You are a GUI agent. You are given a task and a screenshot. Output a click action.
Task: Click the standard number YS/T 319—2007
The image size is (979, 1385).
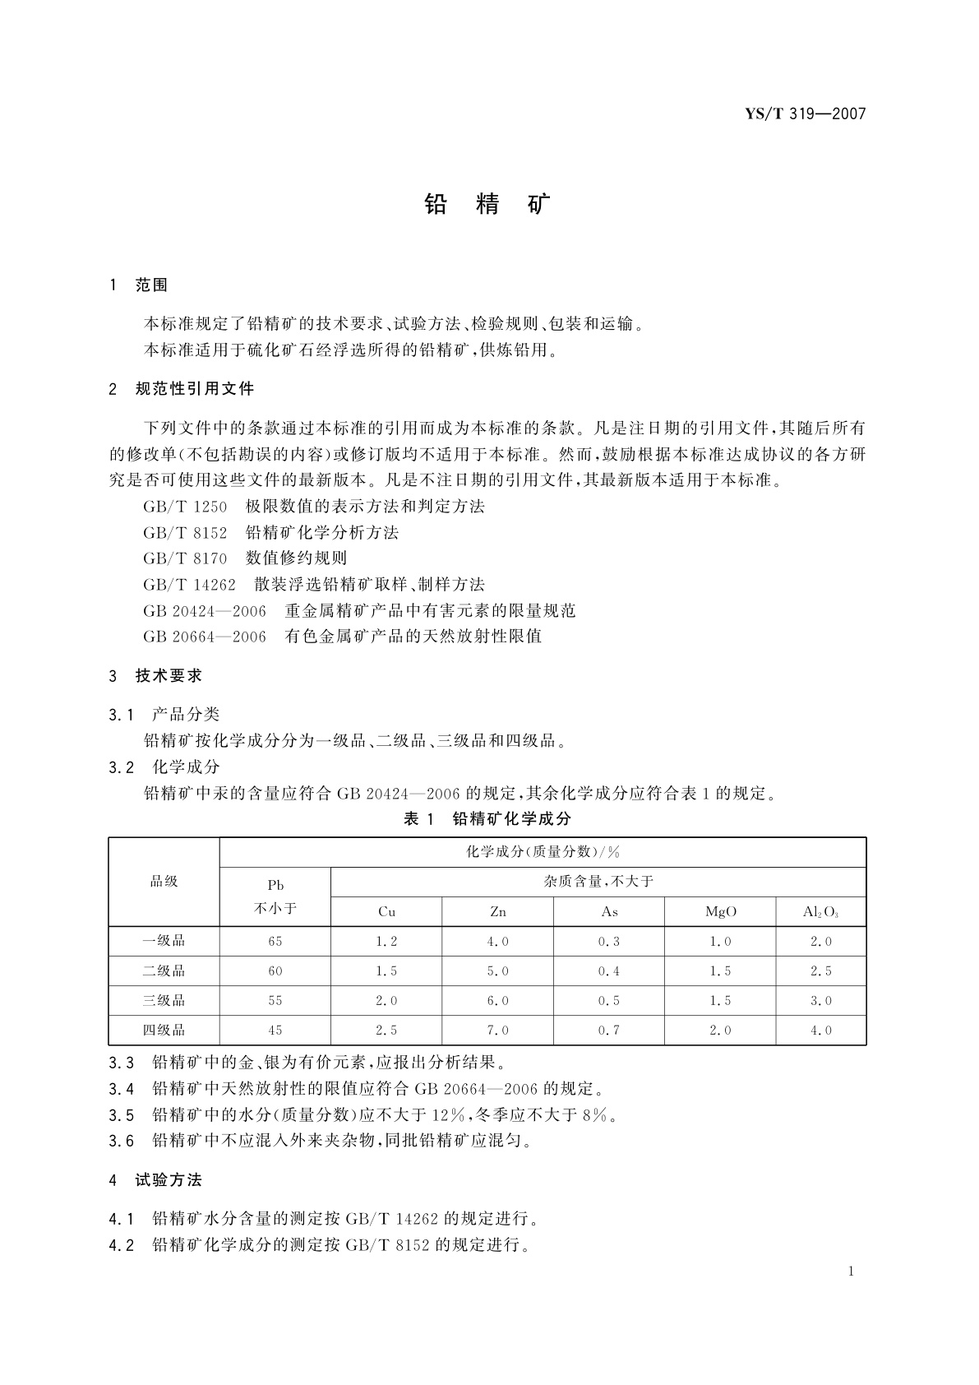pyautogui.click(x=806, y=114)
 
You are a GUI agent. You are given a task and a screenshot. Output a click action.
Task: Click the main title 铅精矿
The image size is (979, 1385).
pyautogui.click(x=488, y=205)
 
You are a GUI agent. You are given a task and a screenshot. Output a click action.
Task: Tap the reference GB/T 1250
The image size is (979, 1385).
pyautogui.click(x=185, y=507)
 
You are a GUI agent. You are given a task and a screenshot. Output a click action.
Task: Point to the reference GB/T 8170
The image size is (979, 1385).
pyautogui.click(x=185, y=558)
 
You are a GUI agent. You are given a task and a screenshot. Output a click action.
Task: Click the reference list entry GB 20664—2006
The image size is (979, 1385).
pyautogui.click(x=205, y=637)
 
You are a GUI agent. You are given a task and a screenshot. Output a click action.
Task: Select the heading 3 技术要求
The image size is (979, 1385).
pyautogui.click(x=155, y=676)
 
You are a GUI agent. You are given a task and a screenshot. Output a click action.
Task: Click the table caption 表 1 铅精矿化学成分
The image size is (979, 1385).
pyautogui.click(x=487, y=818)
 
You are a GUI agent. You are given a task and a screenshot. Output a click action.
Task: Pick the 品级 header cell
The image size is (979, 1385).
pyautogui.click(x=164, y=882)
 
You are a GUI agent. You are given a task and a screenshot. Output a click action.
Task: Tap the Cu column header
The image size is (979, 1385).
pyautogui.click(x=386, y=911)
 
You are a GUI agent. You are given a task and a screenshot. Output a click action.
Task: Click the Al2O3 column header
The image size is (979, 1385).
pyautogui.click(x=820, y=911)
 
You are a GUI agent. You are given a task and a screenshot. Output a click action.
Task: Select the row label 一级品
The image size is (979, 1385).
pyautogui.click(x=164, y=941)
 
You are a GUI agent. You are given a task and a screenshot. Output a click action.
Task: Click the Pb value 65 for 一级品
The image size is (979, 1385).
pyautogui.click(x=275, y=941)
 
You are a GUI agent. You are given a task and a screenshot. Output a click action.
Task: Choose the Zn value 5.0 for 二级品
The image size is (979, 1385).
pyautogui.click(x=497, y=970)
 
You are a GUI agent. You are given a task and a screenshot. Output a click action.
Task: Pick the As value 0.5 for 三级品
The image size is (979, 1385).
pyautogui.click(x=609, y=1000)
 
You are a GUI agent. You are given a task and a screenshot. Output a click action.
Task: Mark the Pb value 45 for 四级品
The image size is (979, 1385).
pyautogui.click(x=275, y=1030)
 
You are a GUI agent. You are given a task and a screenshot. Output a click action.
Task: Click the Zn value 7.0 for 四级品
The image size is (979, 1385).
pyautogui.click(x=497, y=1030)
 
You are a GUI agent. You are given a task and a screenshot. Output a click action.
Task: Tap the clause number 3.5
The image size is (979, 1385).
pyautogui.click(x=121, y=1115)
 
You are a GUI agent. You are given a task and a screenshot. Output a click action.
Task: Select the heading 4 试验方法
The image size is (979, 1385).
pyautogui.click(x=155, y=1180)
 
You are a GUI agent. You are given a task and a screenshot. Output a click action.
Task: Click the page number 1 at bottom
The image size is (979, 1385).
pyautogui.click(x=851, y=1272)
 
